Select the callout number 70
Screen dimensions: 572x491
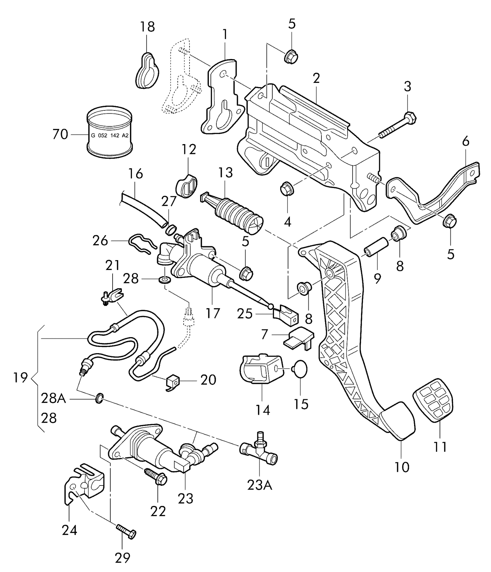pos(60,134)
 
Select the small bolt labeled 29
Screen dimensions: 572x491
pos(126,533)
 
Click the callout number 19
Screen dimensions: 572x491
pos(20,378)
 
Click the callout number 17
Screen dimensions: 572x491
pos(212,313)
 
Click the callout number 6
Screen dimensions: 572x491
pos(465,142)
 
